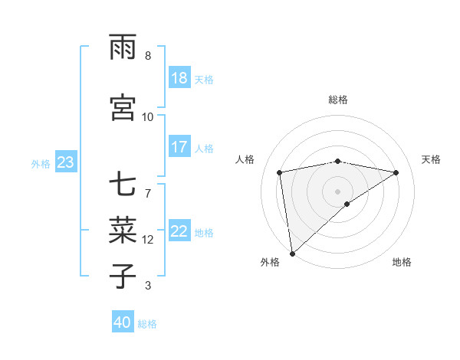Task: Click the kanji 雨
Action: pyautogui.click(x=123, y=48)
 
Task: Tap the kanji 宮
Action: pyautogui.click(x=123, y=108)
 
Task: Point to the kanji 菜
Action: pyautogui.click(x=123, y=229)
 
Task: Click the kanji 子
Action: pyautogui.click(x=123, y=276)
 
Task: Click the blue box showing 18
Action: pyautogui.click(x=179, y=78)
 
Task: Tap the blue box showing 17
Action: pyautogui.click(x=179, y=147)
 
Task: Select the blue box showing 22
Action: pyautogui.click(x=179, y=231)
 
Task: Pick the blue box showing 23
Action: pyautogui.click(x=65, y=162)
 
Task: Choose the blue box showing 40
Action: pyautogui.click(x=123, y=322)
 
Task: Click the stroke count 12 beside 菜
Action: pyautogui.click(x=148, y=240)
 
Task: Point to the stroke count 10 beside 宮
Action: pyautogui.click(x=148, y=116)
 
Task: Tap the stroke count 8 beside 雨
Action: pyautogui.click(x=148, y=56)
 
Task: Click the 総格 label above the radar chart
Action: pyautogui.click(x=338, y=100)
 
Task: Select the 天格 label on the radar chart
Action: pyautogui.click(x=432, y=159)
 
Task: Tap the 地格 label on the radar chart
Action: pyautogui.click(x=402, y=262)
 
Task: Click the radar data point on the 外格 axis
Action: pyautogui.click(x=291, y=254)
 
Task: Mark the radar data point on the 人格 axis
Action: pyautogui.click(x=280, y=172)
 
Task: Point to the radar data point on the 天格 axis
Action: pyautogui.click(x=396, y=172)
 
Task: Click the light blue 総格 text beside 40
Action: pyautogui.click(x=147, y=324)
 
